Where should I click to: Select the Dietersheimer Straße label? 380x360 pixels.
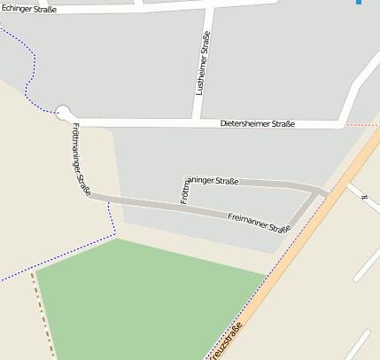257,124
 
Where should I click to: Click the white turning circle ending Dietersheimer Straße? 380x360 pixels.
62,112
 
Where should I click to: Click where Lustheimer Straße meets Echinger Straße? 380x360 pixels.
211,8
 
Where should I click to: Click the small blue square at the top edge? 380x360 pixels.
359,3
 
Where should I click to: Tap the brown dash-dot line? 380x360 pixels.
43,310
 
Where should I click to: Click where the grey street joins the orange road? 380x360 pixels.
326,193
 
